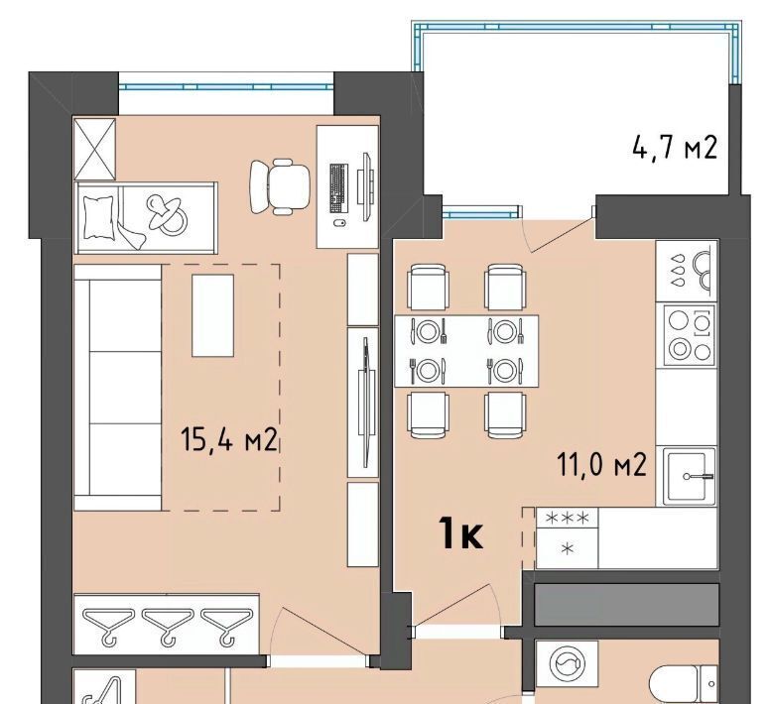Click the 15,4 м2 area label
pos(229,439)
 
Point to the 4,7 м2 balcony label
pos(675,147)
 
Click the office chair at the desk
pos(280,186)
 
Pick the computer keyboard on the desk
pos(338,188)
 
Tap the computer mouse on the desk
pos(339,223)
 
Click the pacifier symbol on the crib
pos(167,214)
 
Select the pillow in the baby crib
pos(98,217)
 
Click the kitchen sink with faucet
pos(689,476)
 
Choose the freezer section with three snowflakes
pos(568,517)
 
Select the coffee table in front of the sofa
pos(212,315)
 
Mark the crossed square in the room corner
pos(94,149)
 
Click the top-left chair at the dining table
pos(428,287)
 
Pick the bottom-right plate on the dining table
pos(504,371)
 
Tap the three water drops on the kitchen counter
pos(678,270)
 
